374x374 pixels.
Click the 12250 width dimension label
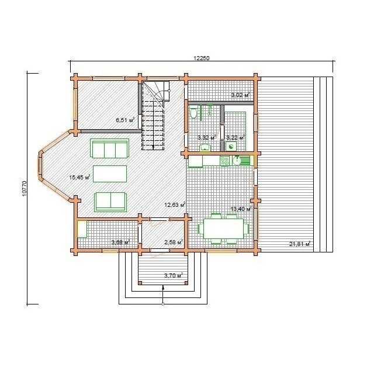pos(201,58)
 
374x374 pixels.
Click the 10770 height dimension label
pos(24,188)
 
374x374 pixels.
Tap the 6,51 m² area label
pos(125,120)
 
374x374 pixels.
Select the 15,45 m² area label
pos(79,177)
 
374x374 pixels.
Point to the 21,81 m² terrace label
pos(300,244)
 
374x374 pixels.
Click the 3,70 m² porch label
pos(174,275)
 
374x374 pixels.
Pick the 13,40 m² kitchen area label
pos(241,209)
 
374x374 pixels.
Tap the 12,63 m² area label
pos(175,205)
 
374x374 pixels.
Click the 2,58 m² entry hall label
pos(174,243)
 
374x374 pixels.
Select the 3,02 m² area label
pos(240,95)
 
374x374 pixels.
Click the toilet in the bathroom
pos(193,113)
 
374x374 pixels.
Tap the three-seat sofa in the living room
pos(109,148)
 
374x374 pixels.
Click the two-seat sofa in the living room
pos(110,202)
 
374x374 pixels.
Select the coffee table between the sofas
pos(110,174)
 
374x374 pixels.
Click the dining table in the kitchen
pos(223,228)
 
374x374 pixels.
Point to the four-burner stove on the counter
pos(224,161)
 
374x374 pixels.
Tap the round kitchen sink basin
pos(237,161)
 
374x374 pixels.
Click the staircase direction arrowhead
pos(153,147)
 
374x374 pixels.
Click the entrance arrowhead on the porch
pos(163,288)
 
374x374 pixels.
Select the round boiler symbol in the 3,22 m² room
pos(231,146)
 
